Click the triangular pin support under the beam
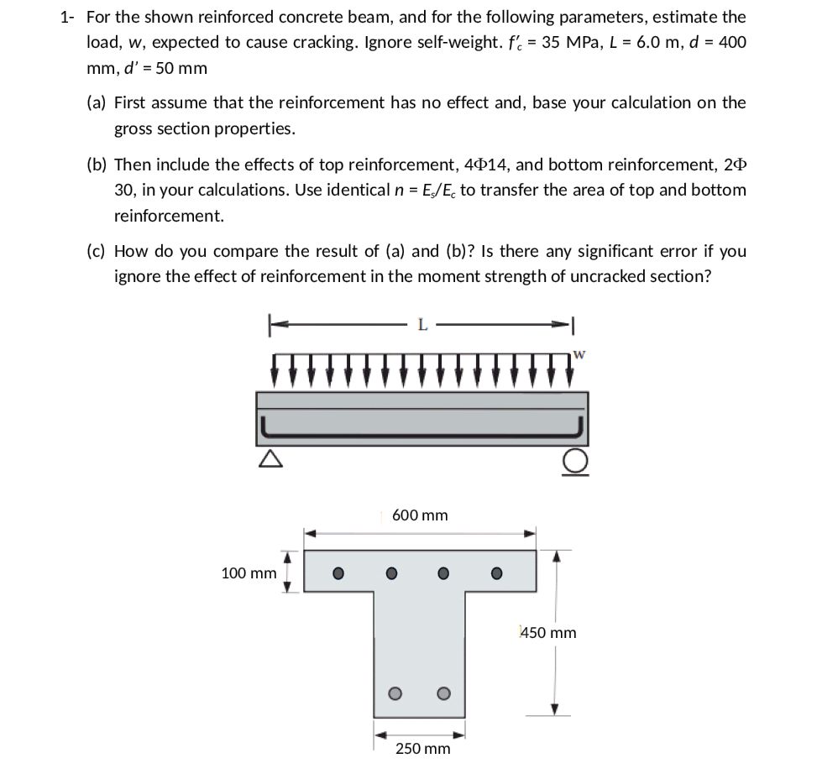coord(269,458)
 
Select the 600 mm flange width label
coord(420,515)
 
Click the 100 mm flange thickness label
coord(248,573)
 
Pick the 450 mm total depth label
coord(549,632)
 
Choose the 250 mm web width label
coord(422,748)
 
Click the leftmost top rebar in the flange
coord(337,574)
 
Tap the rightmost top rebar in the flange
coord(496,574)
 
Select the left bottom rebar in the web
coord(391,693)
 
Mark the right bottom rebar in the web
coord(443,693)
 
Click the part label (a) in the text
coord(97,102)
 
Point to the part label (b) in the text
coord(97,164)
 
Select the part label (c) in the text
coord(97,251)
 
